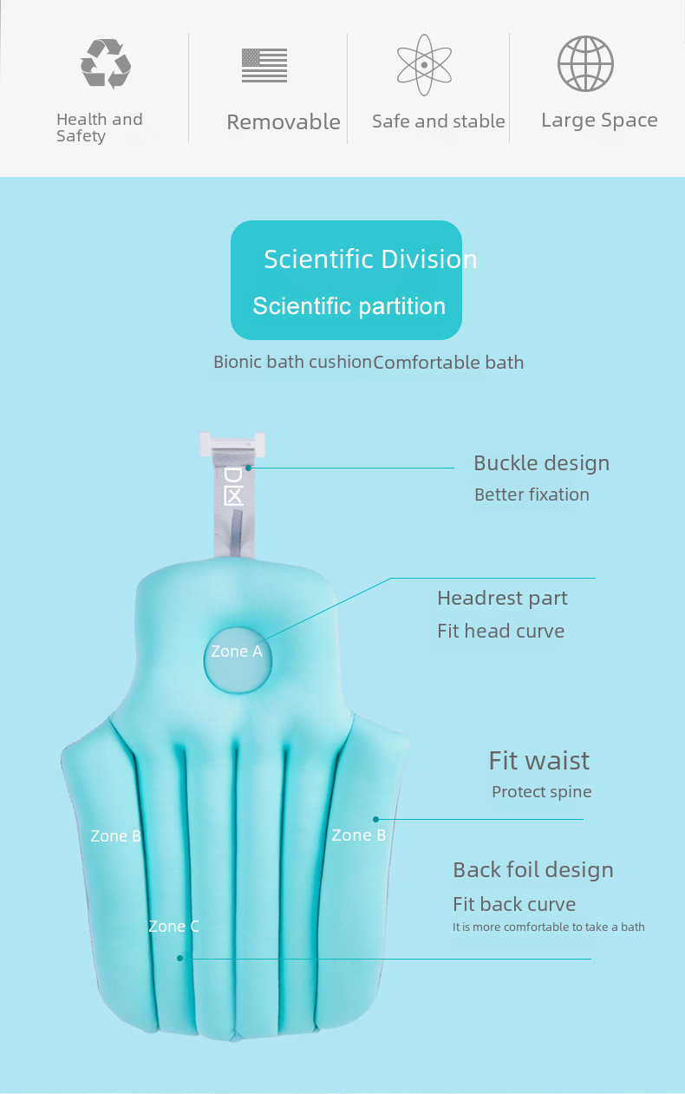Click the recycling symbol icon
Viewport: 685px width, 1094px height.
click(106, 64)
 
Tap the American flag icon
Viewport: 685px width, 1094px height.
click(264, 65)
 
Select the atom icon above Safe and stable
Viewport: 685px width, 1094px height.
click(424, 64)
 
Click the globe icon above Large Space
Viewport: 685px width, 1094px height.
click(585, 63)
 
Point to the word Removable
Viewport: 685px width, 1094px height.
click(284, 122)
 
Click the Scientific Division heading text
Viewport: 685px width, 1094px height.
click(370, 259)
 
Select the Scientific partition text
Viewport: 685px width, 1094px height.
click(349, 307)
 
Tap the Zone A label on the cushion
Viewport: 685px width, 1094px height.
click(237, 651)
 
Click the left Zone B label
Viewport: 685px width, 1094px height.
click(115, 835)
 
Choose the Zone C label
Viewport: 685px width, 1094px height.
click(173, 926)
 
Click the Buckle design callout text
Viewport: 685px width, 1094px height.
click(541, 463)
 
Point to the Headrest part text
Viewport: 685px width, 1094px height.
click(502, 599)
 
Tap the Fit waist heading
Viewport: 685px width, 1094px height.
click(539, 761)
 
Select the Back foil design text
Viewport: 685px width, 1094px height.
click(533, 870)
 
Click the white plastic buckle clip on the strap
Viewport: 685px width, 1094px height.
click(232, 443)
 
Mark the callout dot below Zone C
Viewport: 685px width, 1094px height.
click(180, 959)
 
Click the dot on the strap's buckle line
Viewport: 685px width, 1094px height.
click(249, 468)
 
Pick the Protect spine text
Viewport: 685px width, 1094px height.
click(541, 792)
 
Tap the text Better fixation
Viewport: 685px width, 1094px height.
click(532, 495)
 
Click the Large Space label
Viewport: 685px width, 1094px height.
click(599, 121)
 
